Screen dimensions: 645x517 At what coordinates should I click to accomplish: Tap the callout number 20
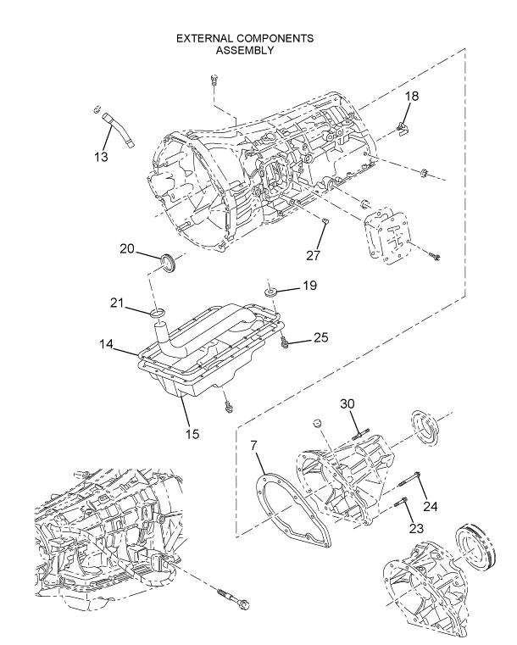point(127,249)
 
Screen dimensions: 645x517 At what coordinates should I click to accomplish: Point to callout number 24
point(431,506)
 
